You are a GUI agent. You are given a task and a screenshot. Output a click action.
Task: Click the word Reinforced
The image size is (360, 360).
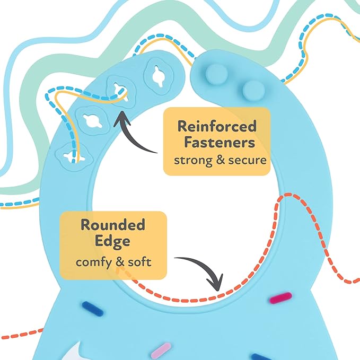click(217, 126)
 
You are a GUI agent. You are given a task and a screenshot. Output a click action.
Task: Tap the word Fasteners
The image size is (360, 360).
click(217, 143)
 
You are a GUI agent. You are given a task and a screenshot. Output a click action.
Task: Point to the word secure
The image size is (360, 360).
click(248, 159)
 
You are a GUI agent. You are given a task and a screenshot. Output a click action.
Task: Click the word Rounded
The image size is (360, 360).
click(113, 225)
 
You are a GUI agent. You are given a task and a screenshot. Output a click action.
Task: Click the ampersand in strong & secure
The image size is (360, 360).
click(223, 159)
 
